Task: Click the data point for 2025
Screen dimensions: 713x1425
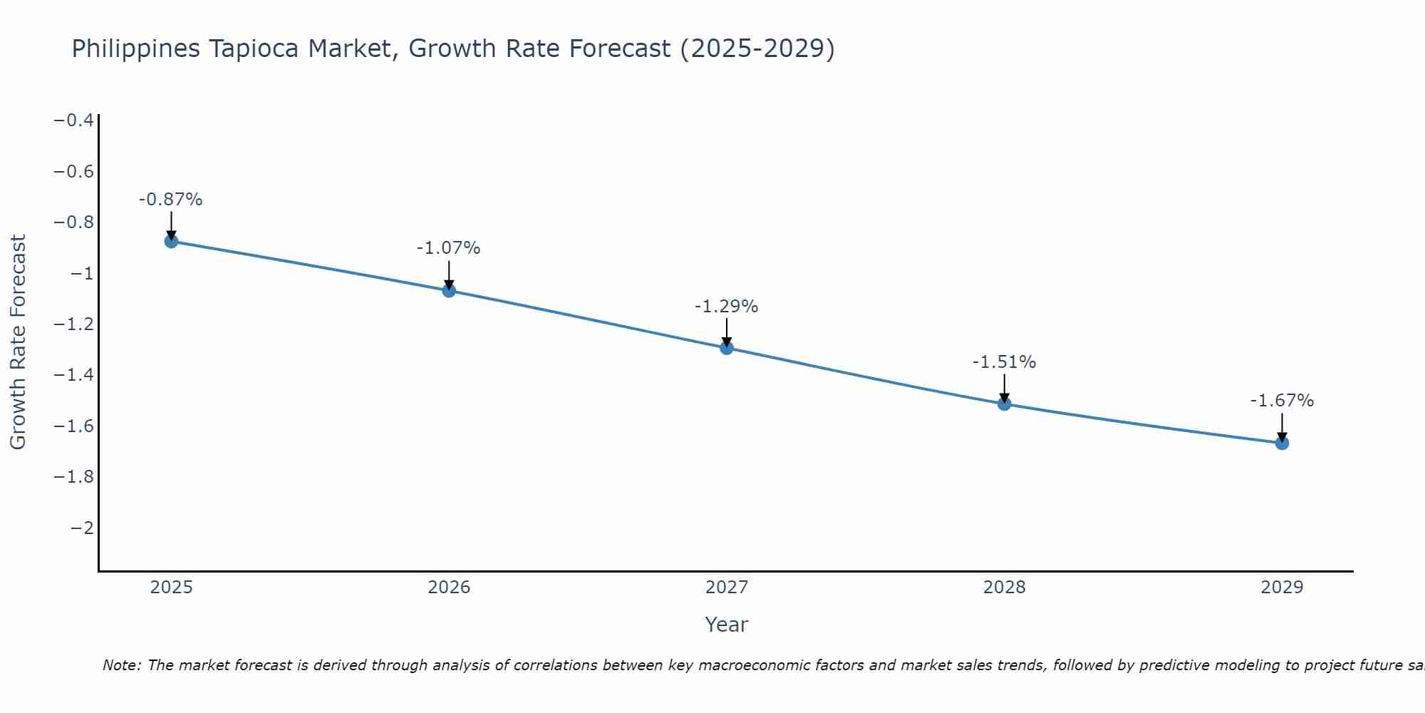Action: tap(171, 241)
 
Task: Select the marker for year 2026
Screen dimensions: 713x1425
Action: tap(449, 290)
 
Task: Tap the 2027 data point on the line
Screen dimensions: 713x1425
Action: tap(727, 348)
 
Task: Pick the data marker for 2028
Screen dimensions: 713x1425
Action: tap(1005, 404)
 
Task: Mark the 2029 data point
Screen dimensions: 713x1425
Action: tap(1282, 443)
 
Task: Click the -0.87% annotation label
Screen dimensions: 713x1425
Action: tap(171, 200)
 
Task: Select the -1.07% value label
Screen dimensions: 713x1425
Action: tap(449, 248)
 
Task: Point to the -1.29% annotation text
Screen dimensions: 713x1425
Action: tap(727, 307)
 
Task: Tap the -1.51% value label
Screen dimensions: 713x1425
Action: tap(1005, 362)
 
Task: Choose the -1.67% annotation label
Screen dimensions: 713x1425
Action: tap(1282, 401)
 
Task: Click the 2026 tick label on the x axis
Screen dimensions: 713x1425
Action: tap(449, 588)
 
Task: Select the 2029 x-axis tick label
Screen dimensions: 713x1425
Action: tap(1282, 588)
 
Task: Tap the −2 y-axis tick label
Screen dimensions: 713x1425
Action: tap(82, 528)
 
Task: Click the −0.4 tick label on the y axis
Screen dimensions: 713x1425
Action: tap(74, 120)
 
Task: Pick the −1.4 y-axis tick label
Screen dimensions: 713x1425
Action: tap(74, 375)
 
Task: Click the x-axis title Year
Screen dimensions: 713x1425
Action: tap(726, 625)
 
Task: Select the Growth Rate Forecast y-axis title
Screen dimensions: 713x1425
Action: tap(18, 342)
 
